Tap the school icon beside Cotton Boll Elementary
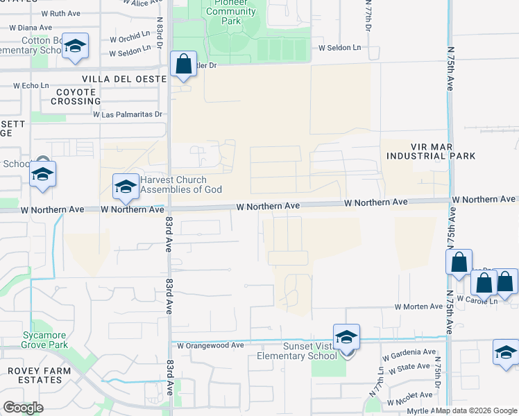[x=75, y=46]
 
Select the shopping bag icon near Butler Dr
[x=184, y=64]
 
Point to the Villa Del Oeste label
[x=124, y=80]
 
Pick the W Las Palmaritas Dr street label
[x=128, y=114]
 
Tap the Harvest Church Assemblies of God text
[x=181, y=184]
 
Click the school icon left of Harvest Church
[x=126, y=187]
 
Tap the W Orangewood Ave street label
[x=210, y=345]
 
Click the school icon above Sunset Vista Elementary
[x=346, y=338]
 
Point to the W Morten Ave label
[x=418, y=306]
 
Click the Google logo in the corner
[x=23, y=408]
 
